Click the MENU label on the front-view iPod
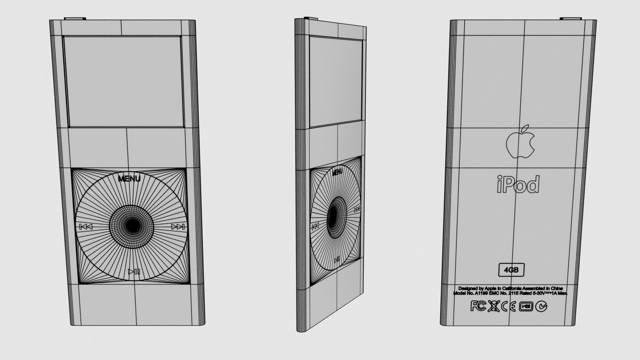(x=129, y=179)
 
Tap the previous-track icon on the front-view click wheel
(x=86, y=227)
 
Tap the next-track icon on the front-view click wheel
(x=178, y=227)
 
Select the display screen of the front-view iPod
(x=125, y=82)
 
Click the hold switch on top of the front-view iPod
(x=74, y=19)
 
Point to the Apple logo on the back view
(x=520, y=142)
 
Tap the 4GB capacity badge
(x=511, y=270)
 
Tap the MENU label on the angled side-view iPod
(x=337, y=172)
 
